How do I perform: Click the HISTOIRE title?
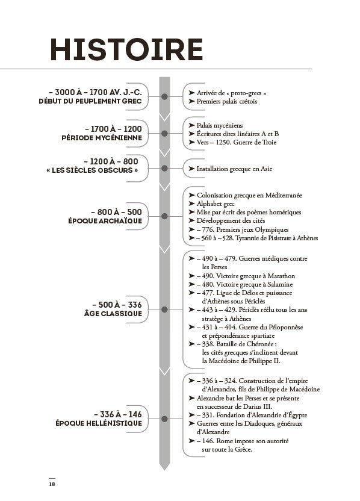pos(126,49)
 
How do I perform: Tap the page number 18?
pos(52,483)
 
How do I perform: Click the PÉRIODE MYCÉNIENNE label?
pos(102,138)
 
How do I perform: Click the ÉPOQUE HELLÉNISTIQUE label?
pos(98,423)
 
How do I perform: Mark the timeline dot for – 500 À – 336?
pos(164,310)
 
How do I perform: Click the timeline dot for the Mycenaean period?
pos(164,133)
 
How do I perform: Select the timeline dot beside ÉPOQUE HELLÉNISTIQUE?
pos(164,419)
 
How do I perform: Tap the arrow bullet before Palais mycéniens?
pos(191,125)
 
